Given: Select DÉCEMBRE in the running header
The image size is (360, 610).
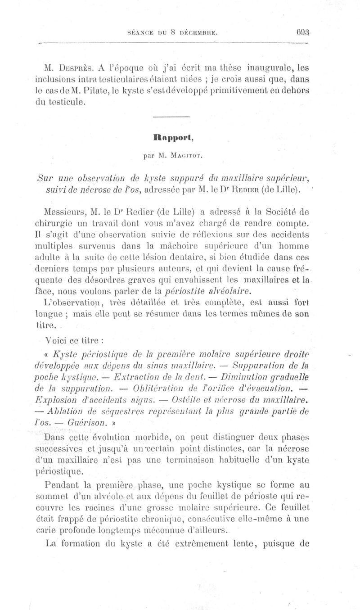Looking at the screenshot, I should [199, 32].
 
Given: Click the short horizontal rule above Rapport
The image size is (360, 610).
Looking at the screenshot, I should [171, 118].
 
